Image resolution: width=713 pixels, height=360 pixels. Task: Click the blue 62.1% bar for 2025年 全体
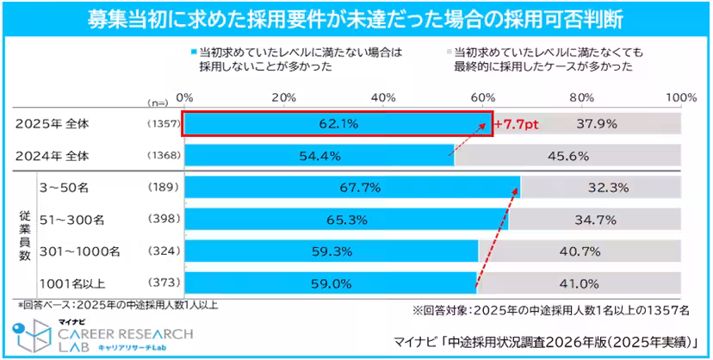pyautogui.click(x=336, y=124)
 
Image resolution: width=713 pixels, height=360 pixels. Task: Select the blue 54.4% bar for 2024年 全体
pyautogui.click(x=319, y=156)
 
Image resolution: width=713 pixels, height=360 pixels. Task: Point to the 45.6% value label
pyautogui.click(x=579, y=156)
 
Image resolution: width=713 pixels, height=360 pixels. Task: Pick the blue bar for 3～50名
pyautogui.click(x=352, y=187)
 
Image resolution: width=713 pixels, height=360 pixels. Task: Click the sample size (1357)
pyautogui.click(x=162, y=124)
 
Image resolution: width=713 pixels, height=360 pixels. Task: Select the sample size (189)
pyautogui.click(x=162, y=187)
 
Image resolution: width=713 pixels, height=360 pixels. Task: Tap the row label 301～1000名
pyautogui.click(x=80, y=251)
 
